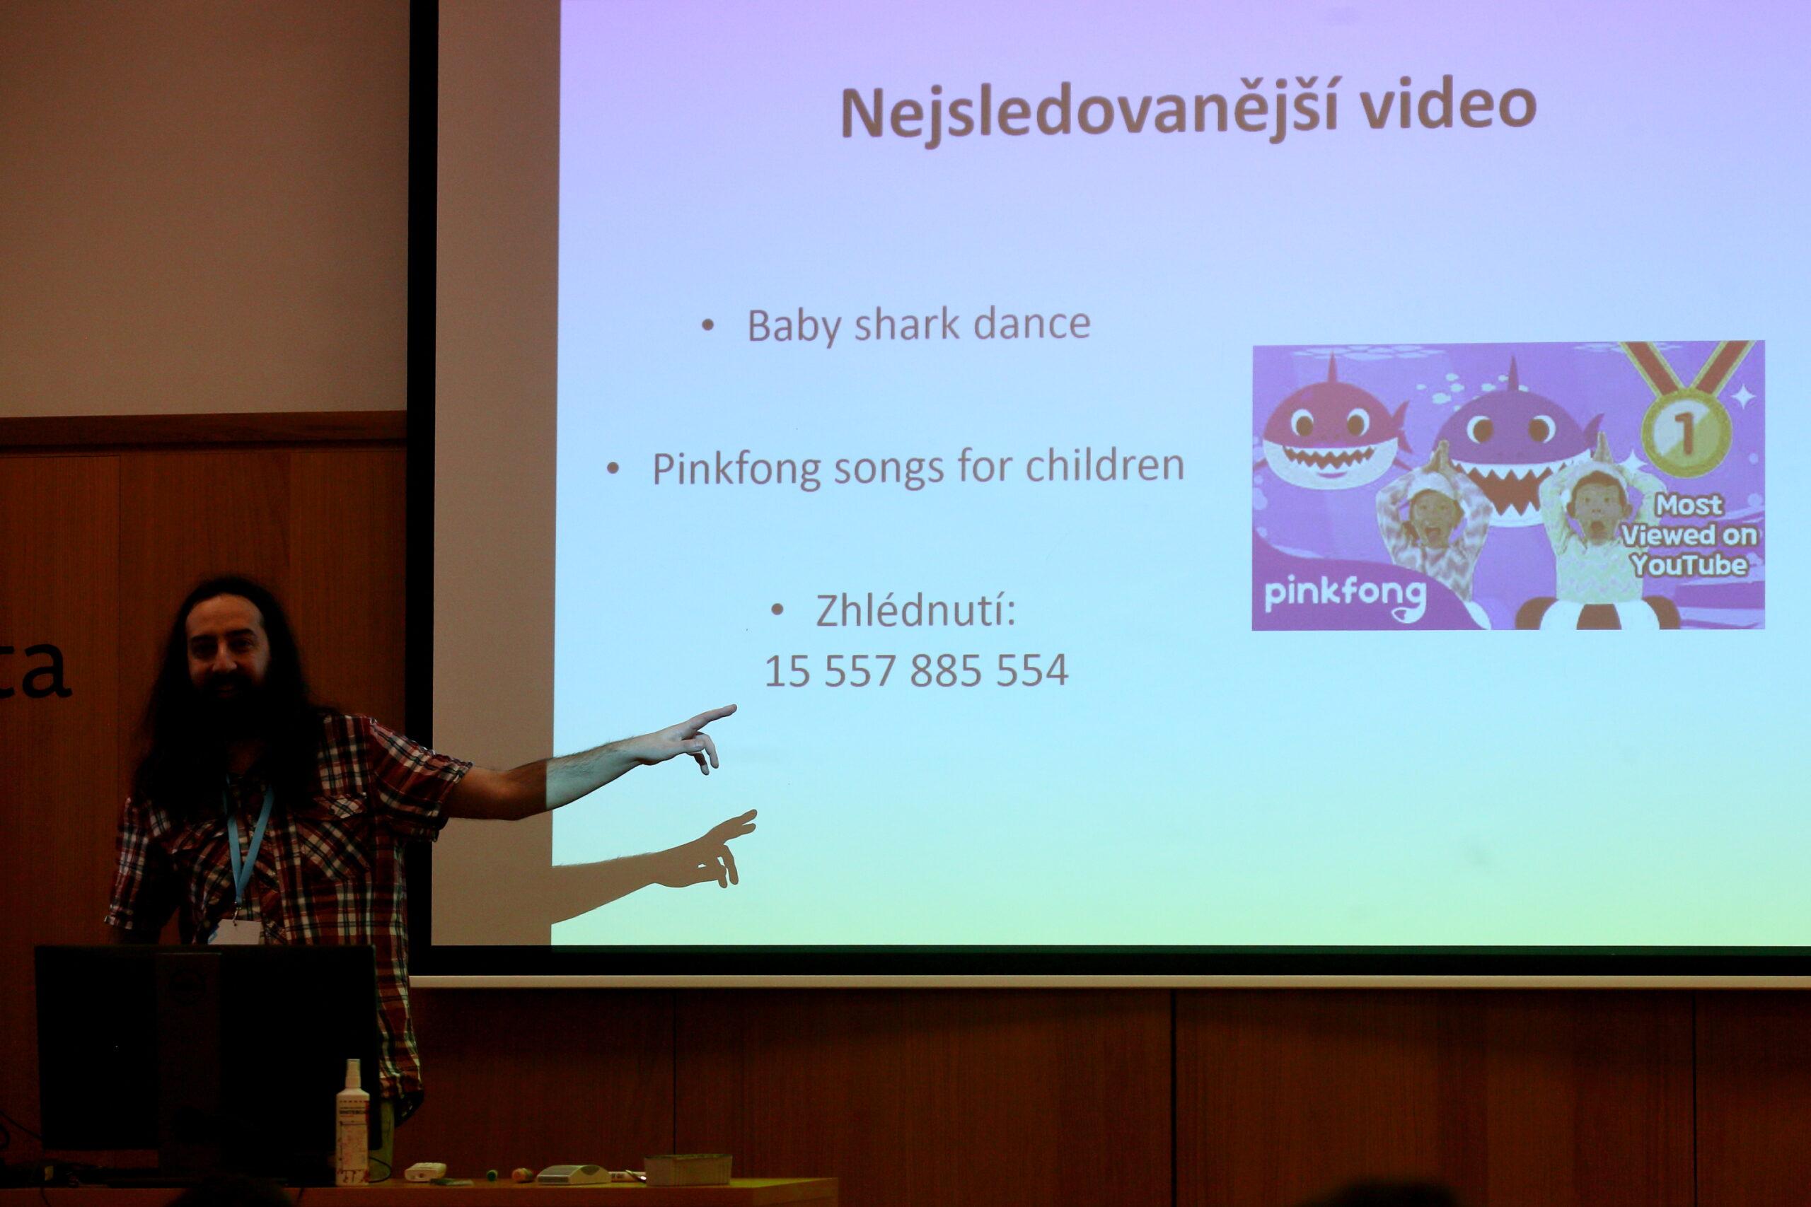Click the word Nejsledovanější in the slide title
[x=1089, y=112]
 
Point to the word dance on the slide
[x=1032, y=323]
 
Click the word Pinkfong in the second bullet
[x=737, y=468]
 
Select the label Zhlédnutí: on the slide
[x=915, y=610]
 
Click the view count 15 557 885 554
[x=916, y=670]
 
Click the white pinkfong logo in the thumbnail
[x=1345, y=596]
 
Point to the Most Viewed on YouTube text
[x=1689, y=535]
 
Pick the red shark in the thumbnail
[x=1333, y=427]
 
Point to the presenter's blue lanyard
[x=248, y=847]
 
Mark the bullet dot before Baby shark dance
[x=707, y=325]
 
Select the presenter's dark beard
[x=231, y=716]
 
